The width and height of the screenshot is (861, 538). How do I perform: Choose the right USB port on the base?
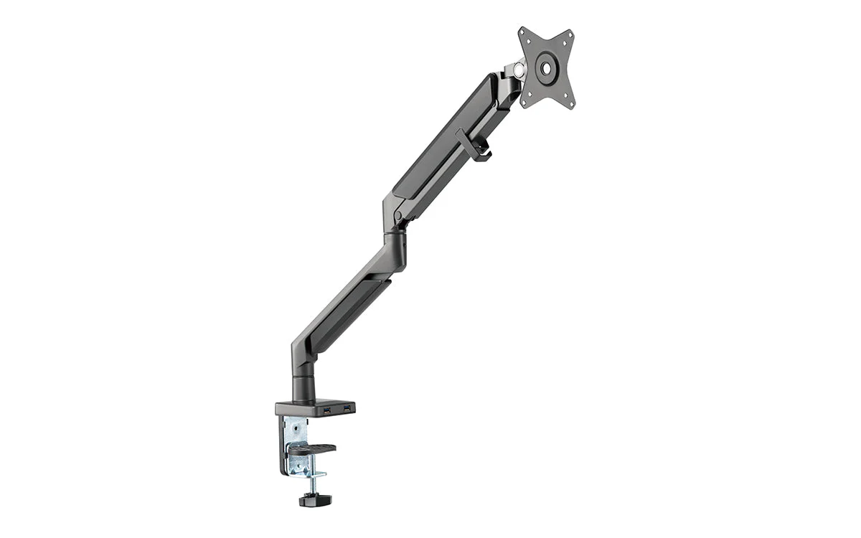pos(347,408)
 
